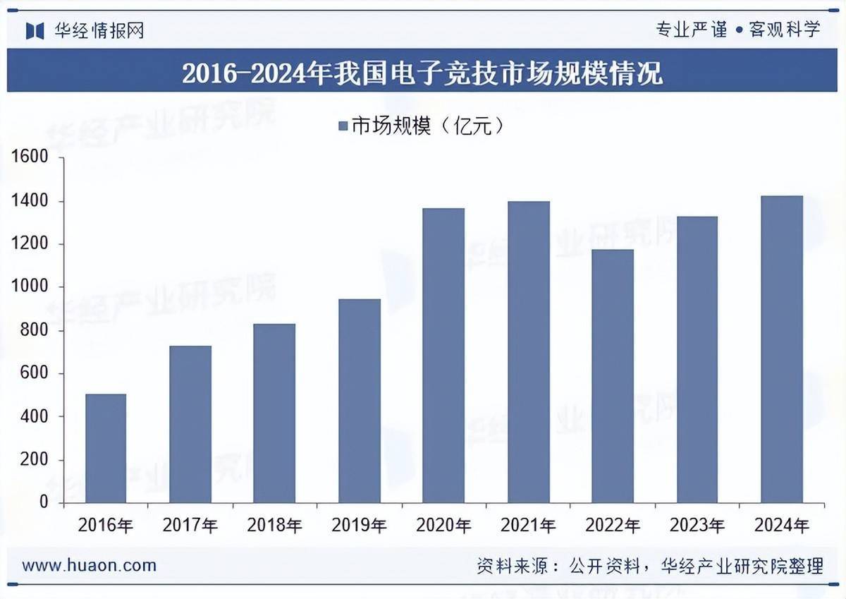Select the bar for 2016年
click(106, 448)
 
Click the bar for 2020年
click(443, 355)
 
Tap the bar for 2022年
click(613, 375)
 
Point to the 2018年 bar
click(275, 413)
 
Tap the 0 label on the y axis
click(43, 502)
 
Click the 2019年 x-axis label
click(359, 526)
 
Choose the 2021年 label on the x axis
click(528, 526)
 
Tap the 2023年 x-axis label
click(697, 526)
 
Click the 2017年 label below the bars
click(190, 526)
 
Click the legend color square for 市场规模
click(343, 126)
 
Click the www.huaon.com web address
click(90, 565)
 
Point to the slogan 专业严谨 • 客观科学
click(738, 30)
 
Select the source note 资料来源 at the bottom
click(649, 566)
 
